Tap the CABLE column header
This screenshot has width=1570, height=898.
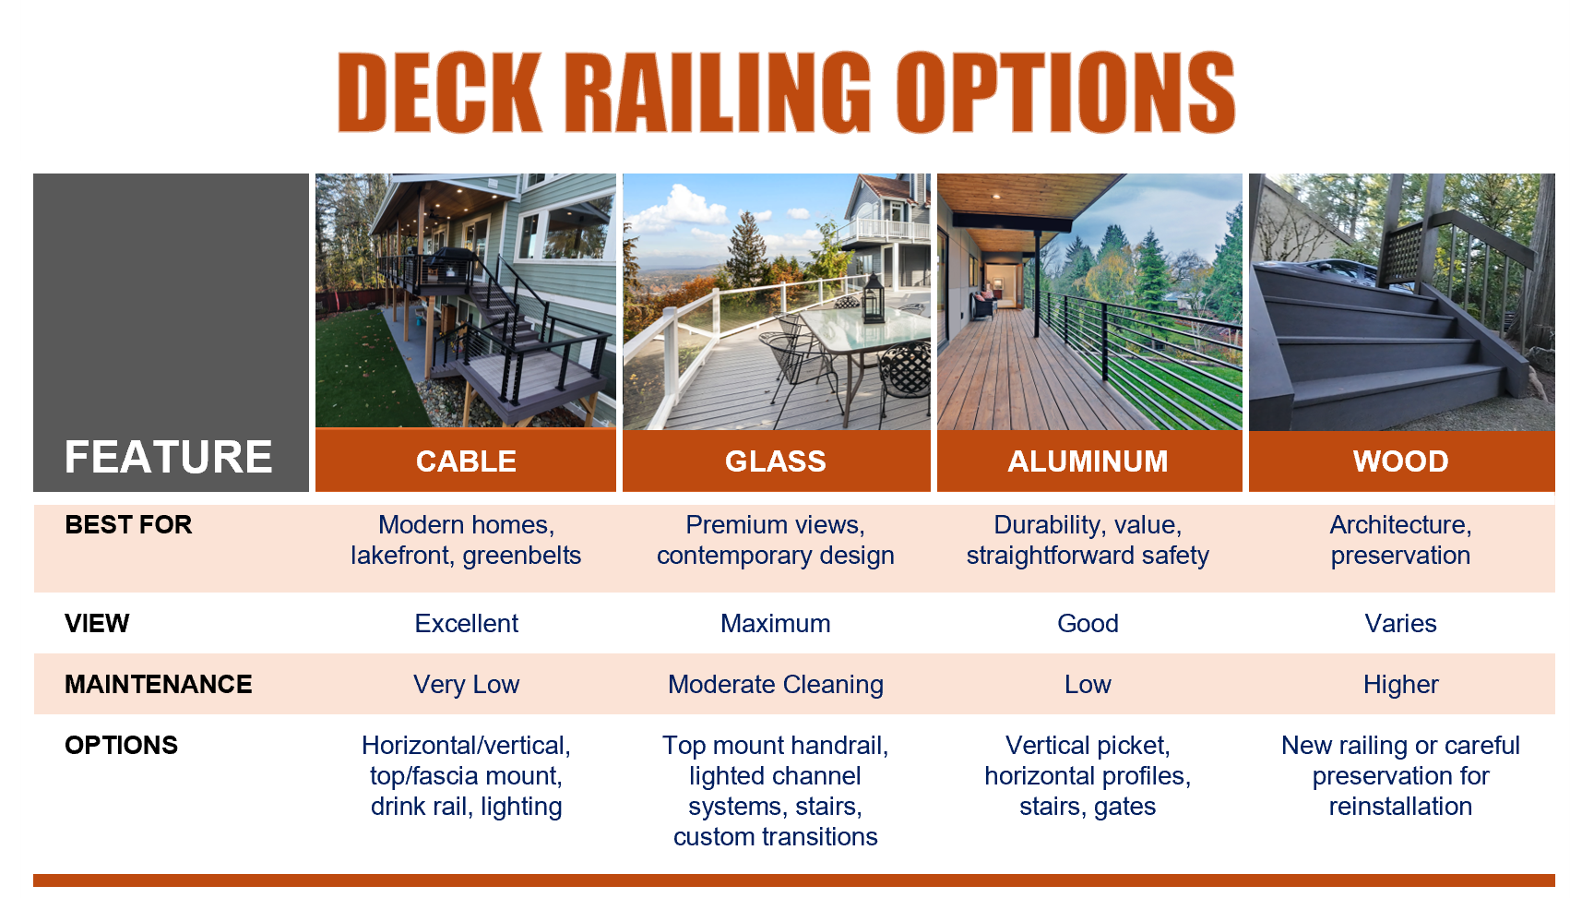(466, 461)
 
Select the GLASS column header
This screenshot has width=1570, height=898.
(775, 461)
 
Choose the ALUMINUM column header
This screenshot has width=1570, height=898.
(1088, 461)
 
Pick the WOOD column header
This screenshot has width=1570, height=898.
(1400, 461)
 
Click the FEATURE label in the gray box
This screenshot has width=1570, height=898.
(168, 456)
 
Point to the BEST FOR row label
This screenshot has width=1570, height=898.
(128, 524)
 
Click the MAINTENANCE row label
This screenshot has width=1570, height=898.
(159, 684)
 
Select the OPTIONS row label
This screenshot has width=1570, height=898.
(121, 745)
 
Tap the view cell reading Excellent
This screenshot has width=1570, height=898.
(466, 623)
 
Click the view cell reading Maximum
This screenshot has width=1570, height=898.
(775, 623)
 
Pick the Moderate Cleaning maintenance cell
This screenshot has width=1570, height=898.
(775, 684)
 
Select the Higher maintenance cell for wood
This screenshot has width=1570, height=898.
(1400, 684)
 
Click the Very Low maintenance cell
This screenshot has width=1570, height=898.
(466, 684)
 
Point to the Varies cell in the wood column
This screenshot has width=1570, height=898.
(1400, 623)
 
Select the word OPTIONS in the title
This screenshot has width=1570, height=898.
(1066, 92)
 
